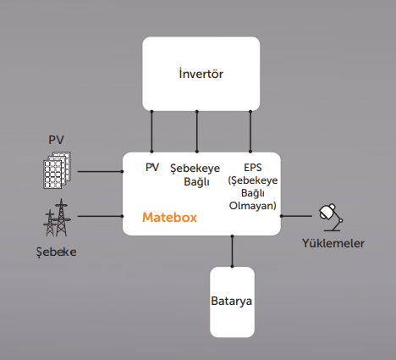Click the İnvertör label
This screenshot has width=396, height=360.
(201, 74)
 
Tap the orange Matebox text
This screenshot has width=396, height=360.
(169, 218)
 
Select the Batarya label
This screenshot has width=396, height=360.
(231, 302)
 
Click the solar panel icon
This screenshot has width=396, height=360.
(57, 170)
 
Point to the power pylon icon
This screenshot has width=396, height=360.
(57, 218)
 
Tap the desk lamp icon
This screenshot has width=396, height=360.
(331, 217)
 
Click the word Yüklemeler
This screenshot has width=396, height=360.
(333, 243)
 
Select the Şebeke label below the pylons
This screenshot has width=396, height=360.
(57, 252)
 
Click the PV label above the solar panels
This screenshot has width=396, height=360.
(57, 140)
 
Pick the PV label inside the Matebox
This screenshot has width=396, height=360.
(152, 168)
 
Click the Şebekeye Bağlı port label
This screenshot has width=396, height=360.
(195, 175)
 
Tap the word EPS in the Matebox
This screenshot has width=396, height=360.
(253, 168)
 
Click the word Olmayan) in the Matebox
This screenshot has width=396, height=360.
(253, 206)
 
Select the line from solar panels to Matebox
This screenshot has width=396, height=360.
(100, 171)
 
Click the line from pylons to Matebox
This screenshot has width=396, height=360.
(100, 216)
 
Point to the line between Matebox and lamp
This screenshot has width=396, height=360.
(296, 216)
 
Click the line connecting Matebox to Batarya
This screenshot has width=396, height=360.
(232, 251)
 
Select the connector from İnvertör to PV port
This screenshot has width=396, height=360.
(151, 131)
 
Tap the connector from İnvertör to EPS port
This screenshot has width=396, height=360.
(250, 131)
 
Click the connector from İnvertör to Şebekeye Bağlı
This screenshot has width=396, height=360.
(197, 131)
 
